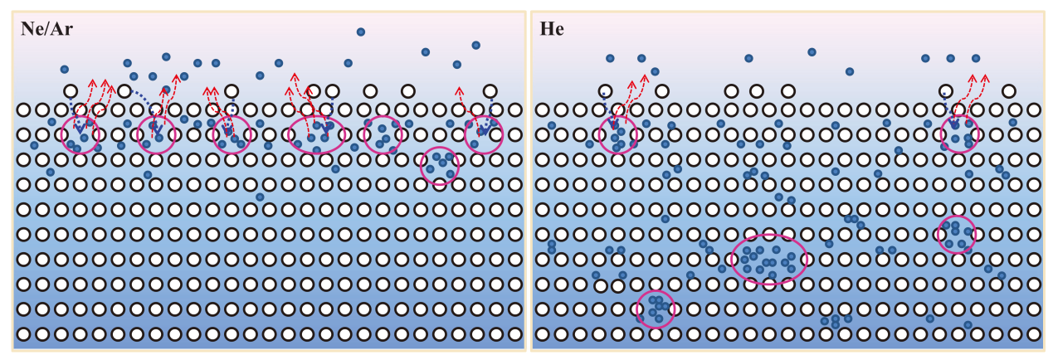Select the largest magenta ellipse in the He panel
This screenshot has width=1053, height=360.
769,259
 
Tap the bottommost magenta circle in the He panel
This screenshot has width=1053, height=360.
656,308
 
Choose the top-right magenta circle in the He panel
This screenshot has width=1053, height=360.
959,134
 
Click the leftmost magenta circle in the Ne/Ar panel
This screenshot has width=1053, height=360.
80,134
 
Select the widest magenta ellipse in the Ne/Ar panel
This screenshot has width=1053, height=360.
316,134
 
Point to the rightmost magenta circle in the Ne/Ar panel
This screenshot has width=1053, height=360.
484,134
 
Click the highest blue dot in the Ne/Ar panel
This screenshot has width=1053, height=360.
361,32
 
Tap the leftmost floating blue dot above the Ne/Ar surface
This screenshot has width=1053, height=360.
64,69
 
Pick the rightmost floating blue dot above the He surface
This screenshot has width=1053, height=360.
976,58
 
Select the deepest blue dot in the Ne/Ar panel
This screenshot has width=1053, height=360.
260,197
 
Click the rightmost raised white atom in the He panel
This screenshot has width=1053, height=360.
1009,90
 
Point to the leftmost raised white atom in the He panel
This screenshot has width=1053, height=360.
606,90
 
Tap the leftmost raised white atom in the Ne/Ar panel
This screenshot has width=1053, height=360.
71,90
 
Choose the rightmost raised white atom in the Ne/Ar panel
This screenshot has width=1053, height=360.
490,90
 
